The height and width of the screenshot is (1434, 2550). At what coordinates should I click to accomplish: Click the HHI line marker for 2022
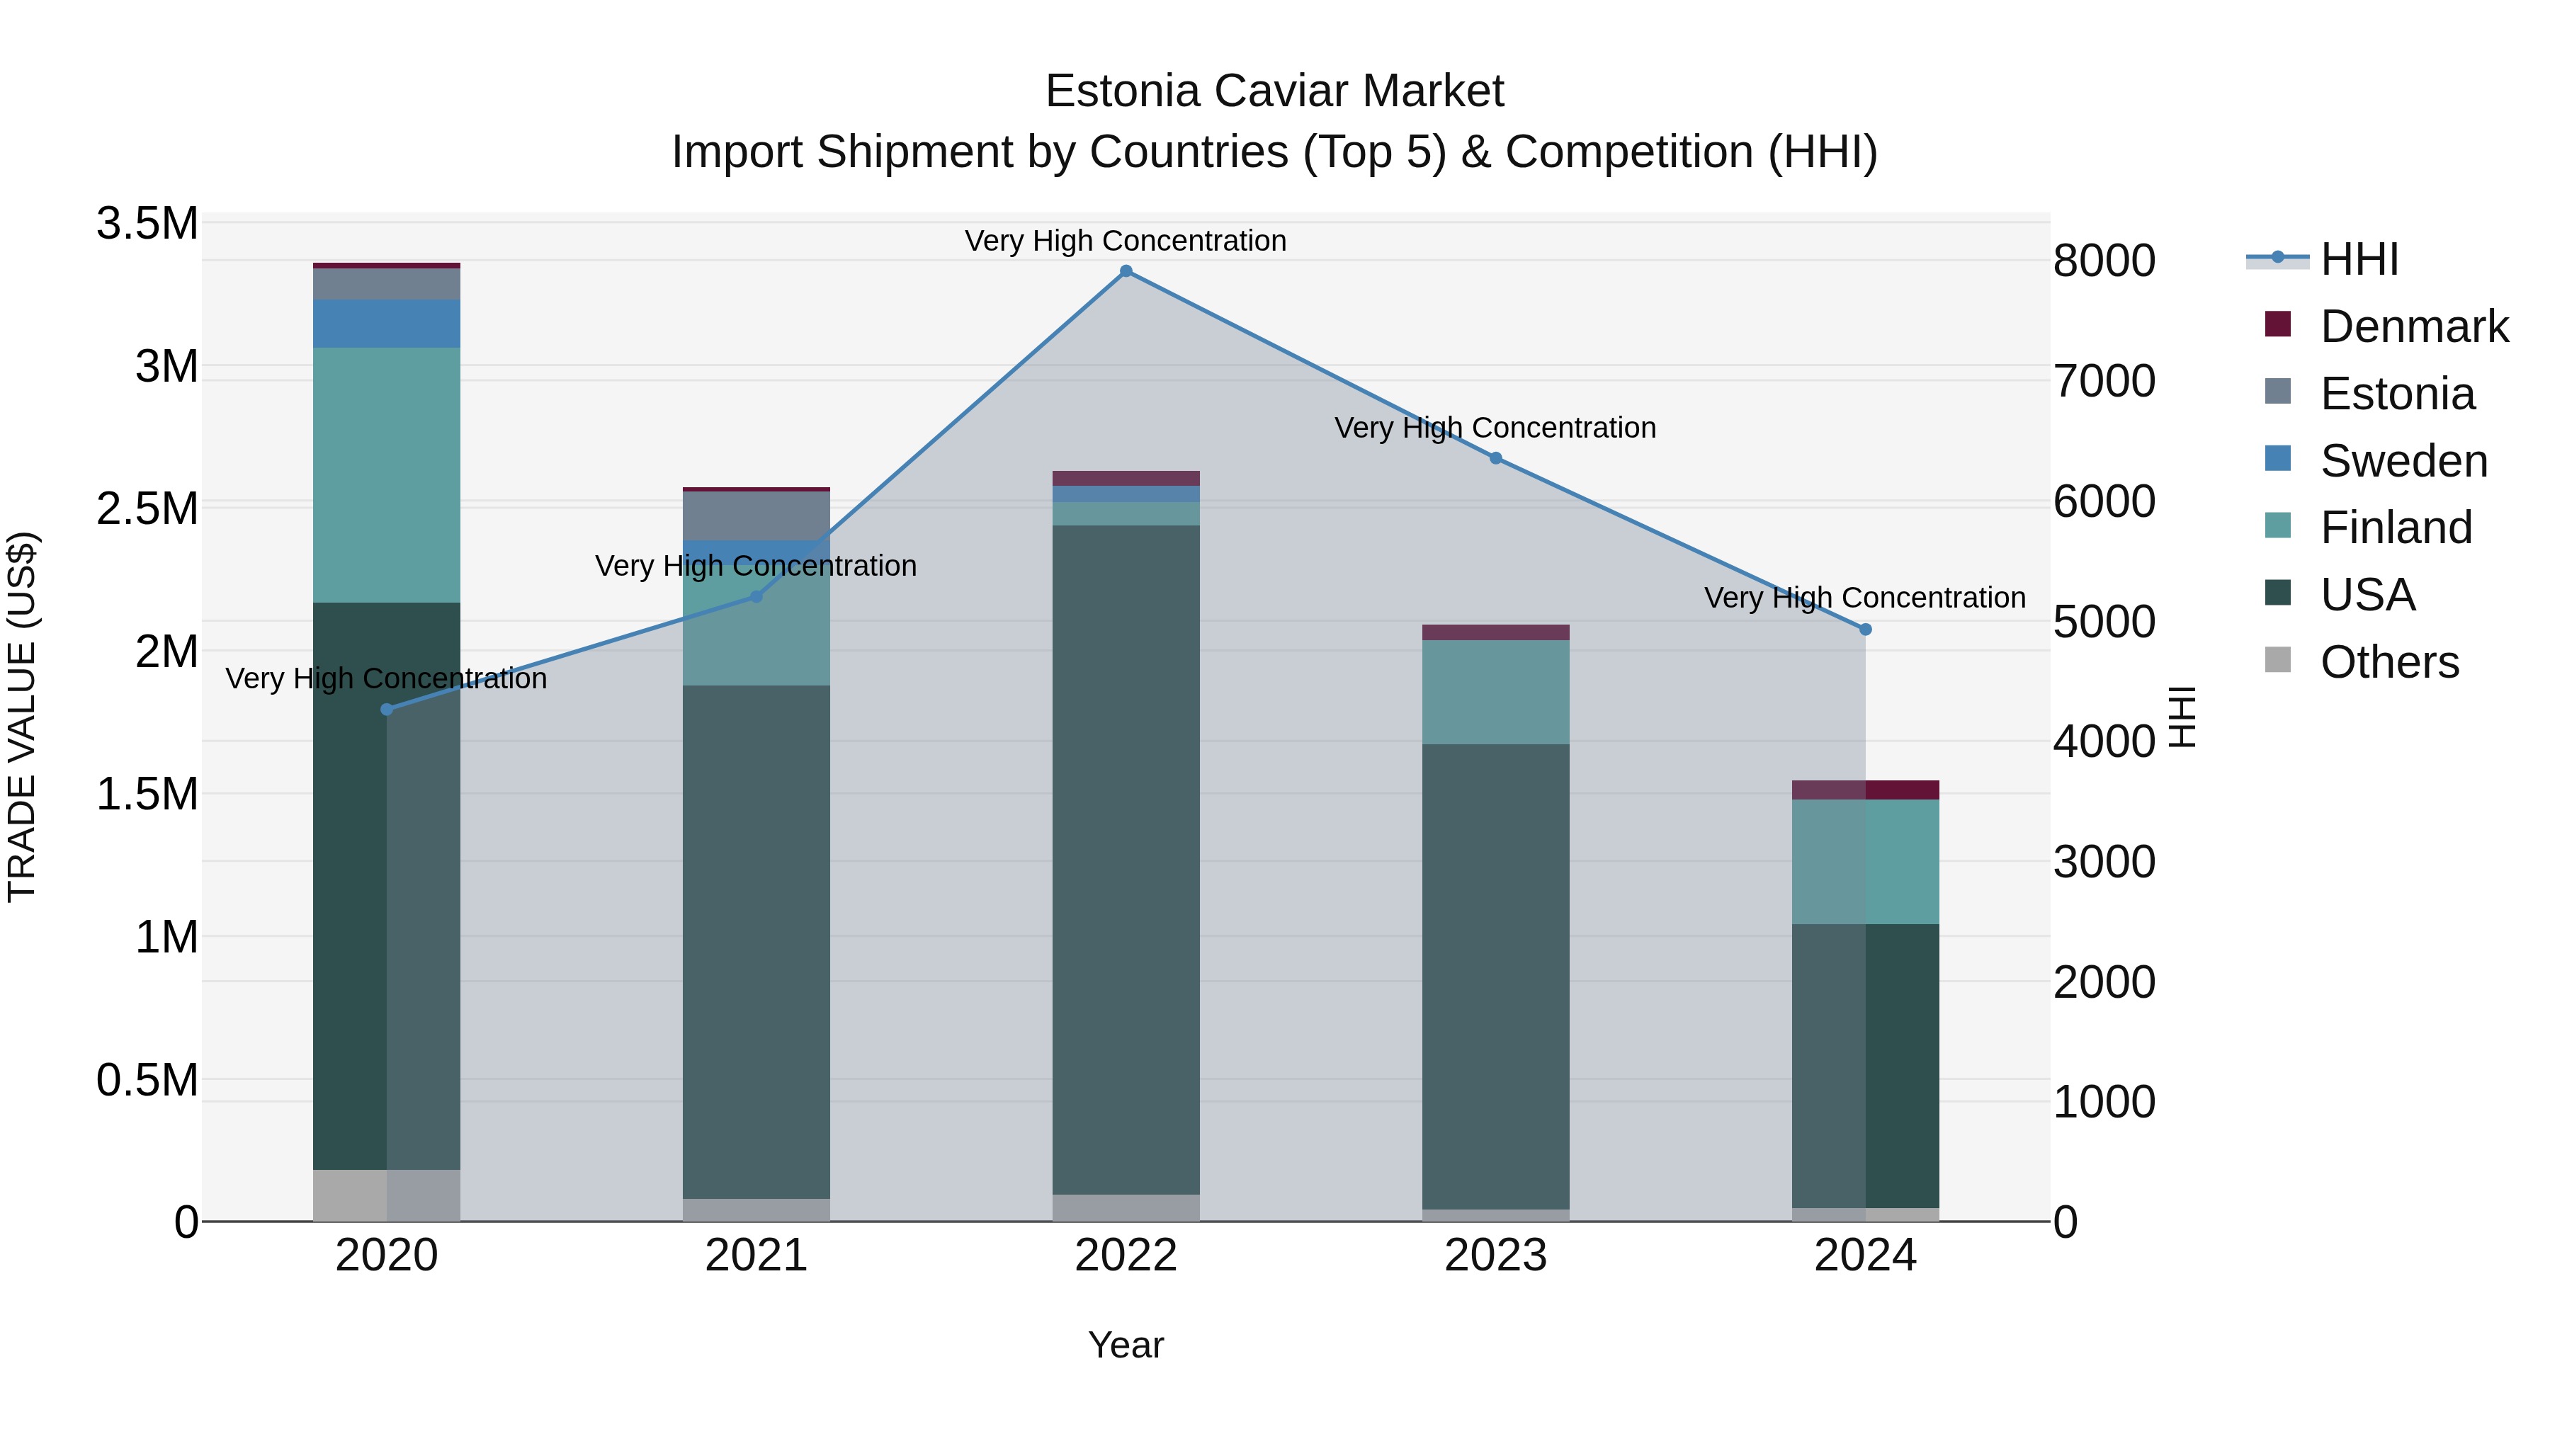[x=1126, y=271]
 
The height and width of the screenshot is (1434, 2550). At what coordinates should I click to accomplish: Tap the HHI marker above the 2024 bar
[x=1865, y=630]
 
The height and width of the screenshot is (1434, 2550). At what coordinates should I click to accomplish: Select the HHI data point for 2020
[x=387, y=710]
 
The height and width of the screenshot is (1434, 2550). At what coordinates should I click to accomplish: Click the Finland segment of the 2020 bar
[x=386, y=475]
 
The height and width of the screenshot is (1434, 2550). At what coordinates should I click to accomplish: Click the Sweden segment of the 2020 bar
[x=386, y=324]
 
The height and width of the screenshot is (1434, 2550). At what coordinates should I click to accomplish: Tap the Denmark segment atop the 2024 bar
[x=1865, y=790]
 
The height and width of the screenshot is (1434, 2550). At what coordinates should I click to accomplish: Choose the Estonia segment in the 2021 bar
[x=756, y=516]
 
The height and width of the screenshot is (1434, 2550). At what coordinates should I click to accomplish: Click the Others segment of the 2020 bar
[x=386, y=1195]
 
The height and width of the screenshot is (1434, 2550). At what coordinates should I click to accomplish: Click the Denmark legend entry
[x=2413, y=326]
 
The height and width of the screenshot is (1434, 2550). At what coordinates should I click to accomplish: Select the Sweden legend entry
[x=2403, y=461]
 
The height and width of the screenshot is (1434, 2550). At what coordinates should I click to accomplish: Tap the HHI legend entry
[x=2358, y=259]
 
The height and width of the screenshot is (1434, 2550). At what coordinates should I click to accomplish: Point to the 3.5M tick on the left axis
[x=147, y=224]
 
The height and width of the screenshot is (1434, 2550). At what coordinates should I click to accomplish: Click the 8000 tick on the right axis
[x=2104, y=261]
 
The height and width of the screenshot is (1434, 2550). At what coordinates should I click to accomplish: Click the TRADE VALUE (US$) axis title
[x=22, y=717]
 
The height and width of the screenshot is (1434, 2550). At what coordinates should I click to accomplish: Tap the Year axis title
[x=1126, y=1345]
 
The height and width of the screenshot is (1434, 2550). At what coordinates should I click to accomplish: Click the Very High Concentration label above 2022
[x=1126, y=241]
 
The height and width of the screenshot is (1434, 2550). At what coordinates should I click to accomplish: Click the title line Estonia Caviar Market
[x=1274, y=91]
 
